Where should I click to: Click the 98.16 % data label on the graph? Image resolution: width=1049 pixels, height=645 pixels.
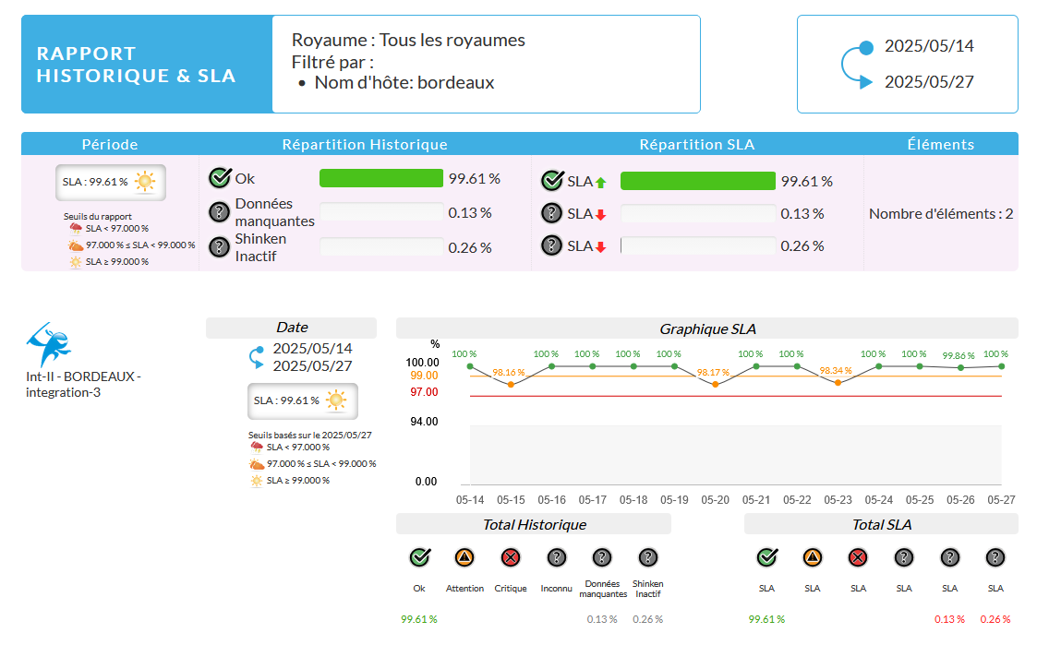pyautogui.click(x=509, y=373)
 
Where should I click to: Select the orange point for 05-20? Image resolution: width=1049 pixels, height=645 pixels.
pyautogui.click(x=715, y=384)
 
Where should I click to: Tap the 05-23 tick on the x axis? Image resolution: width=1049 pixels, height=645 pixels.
pyautogui.click(x=838, y=500)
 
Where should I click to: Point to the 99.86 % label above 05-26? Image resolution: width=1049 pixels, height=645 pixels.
pyautogui.click(x=959, y=355)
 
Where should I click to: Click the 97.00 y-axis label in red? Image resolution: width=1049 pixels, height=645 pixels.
pyautogui.click(x=425, y=392)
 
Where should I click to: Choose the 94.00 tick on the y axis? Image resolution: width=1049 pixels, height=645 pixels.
pyautogui.click(x=425, y=422)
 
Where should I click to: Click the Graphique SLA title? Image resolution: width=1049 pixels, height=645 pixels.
pyautogui.click(x=706, y=328)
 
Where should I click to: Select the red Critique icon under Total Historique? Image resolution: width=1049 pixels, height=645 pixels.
pyautogui.click(x=511, y=557)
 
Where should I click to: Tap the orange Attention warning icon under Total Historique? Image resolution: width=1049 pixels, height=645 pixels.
pyautogui.click(x=464, y=557)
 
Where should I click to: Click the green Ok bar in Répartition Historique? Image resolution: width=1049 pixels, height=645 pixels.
pyautogui.click(x=381, y=178)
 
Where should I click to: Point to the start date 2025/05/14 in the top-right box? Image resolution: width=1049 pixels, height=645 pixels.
pyautogui.click(x=929, y=46)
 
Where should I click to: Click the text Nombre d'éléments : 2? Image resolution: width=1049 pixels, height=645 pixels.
pyautogui.click(x=941, y=214)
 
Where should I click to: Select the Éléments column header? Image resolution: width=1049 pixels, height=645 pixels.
pyautogui.click(x=940, y=144)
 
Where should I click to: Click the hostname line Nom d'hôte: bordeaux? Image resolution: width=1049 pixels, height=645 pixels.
pyautogui.click(x=404, y=83)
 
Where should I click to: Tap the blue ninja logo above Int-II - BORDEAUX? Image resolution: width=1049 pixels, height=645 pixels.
pyautogui.click(x=50, y=345)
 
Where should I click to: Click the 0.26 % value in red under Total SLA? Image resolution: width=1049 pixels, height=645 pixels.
pyautogui.click(x=995, y=619)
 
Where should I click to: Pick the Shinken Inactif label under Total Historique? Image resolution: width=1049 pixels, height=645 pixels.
pyautogui.click(x=648, y=589)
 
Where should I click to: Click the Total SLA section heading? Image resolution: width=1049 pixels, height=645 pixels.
pyautogui.click(x=881, y=524)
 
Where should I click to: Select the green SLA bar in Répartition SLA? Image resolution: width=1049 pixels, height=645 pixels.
pyautogui.click(x=698, y=181)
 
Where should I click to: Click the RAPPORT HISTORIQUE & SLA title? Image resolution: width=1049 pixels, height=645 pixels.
pyautogui.click(x=136, y=65)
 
